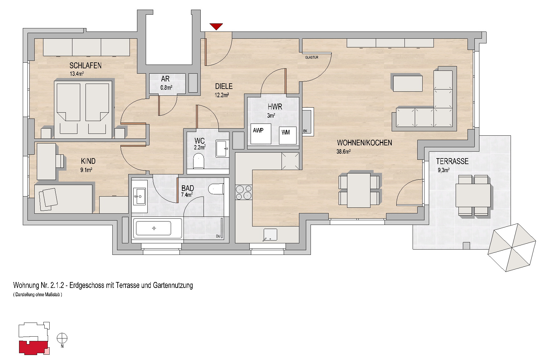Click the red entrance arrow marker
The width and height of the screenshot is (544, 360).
coord(216,27)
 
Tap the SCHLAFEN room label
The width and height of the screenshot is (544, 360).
coord(86,66)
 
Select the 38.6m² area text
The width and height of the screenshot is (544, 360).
coord(344,152)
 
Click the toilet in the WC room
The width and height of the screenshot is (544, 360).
coord(198,161)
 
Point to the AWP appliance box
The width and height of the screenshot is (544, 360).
coord(261,134)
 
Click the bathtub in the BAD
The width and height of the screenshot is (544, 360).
coord(158,228)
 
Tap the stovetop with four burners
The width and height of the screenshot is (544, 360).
coord(243,192)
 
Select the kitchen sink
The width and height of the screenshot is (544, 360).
coord(270,235)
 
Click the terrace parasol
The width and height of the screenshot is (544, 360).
coord(512,248)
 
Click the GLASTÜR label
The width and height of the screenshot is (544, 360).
coord(311,57)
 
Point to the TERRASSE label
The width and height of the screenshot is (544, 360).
coord(452,161)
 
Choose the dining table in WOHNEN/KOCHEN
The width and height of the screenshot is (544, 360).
coord(359,190)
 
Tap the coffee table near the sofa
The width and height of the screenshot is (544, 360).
coord(408,83)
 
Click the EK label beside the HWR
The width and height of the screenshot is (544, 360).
coord(305,131)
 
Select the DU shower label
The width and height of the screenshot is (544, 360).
coord(218,236)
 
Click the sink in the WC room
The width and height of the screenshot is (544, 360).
coord(222,149)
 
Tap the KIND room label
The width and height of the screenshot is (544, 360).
coord(88,161)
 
